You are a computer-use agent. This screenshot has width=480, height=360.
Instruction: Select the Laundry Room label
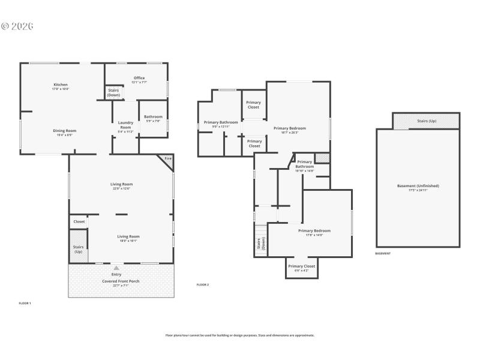(x=125, y=125)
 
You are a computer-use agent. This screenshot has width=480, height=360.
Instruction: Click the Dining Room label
(x=65, y=132)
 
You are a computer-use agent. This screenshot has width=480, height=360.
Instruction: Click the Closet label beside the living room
(x=79, y=221)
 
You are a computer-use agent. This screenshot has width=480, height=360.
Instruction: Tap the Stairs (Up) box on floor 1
(x=79, y=249)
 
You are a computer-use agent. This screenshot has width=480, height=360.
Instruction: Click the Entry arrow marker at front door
(x=116, y=268)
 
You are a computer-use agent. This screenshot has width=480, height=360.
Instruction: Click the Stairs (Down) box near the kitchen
(x=113, y=92)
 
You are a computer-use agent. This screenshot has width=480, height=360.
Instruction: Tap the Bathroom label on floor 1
(x=153, y=118)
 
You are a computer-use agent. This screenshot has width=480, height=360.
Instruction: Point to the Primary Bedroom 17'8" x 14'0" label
(x=314, y=232)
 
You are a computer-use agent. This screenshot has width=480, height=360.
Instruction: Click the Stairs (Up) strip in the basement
(x=427, y=121)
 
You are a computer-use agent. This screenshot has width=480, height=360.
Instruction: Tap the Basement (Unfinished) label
(x=418, y=187)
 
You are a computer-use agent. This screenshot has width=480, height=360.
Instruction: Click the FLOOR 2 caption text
(x=203, y=284)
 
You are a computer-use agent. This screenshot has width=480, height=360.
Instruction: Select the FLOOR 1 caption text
(x=25, y=303)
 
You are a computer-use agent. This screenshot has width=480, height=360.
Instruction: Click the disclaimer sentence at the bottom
(x=240, y=335)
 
